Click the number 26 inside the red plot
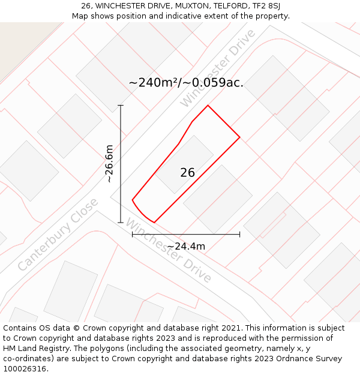[x=187, y=173]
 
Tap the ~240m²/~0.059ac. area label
[x=186, y=83]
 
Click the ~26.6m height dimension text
[x=109, y=163]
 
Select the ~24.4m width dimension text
[x=186, y=246]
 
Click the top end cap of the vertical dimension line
[x=121, y=106]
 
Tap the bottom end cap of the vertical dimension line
[x=121, y=223]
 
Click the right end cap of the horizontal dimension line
[x=240, y=234]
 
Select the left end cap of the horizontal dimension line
[x=132, y=234]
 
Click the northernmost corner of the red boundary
[x=208, y=106]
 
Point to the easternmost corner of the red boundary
[x=240, y=137]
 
